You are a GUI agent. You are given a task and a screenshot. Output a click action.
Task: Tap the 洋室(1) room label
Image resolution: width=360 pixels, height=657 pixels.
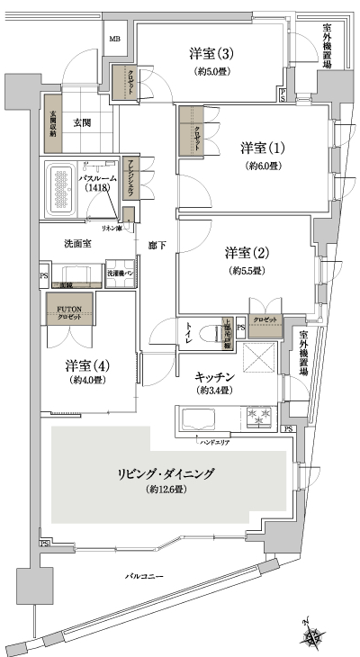(x=263, y=146)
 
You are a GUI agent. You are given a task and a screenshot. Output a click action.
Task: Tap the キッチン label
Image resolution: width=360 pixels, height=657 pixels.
(x=214, y=378)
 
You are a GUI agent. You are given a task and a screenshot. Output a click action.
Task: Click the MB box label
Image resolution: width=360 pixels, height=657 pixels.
(x=115, y=40)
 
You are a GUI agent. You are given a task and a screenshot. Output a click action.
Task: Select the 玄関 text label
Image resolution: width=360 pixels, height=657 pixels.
(x=84, y=123)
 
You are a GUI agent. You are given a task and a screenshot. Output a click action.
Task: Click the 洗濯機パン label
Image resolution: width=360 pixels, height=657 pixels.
(x=121, y=274)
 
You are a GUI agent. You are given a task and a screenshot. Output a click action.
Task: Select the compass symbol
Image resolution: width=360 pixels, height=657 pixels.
(x=313, y=635)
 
